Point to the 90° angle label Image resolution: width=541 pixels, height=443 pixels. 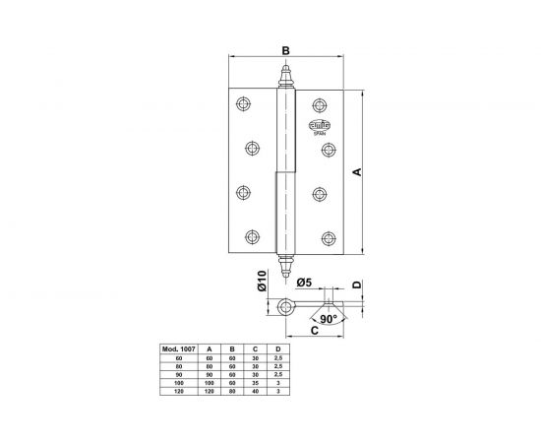coord(328,319)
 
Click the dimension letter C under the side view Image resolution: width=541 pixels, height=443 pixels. coord(313,332)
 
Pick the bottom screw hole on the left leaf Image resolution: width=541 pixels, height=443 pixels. coord(254,236)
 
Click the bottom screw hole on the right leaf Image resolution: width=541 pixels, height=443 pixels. coord(328,236)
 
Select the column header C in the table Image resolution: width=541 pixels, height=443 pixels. coord(255,349)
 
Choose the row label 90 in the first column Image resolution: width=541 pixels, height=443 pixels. coord(178,374)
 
